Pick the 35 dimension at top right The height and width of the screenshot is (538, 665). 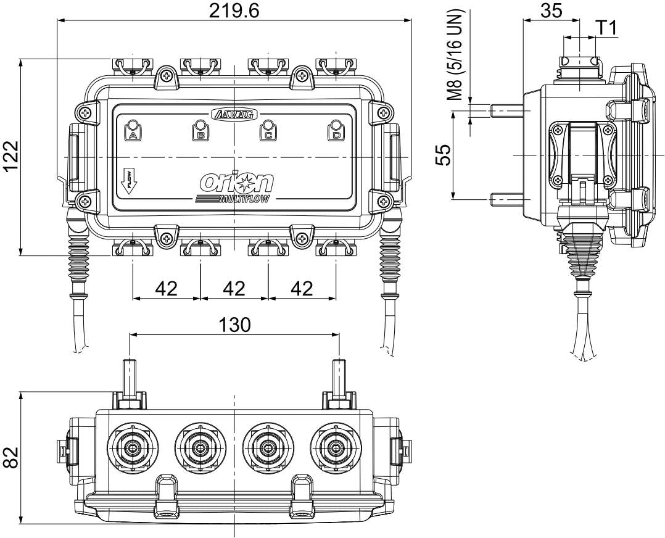coord(551,10)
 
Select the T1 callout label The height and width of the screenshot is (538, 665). coord(607,27)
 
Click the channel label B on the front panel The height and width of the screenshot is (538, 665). coord(200,133)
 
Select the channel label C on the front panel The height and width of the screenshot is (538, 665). coord(268,133)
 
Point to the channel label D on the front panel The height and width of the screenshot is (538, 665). coord(336,133)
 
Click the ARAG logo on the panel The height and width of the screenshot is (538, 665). coord(235,114)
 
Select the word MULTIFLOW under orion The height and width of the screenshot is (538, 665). coord(247,199)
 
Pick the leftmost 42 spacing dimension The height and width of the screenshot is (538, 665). coord(167,288)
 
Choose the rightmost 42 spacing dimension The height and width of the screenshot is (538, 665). coord(302,288)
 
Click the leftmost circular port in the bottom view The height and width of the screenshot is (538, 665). coord(133,447)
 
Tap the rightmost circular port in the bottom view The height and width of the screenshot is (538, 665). coord(336,447)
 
